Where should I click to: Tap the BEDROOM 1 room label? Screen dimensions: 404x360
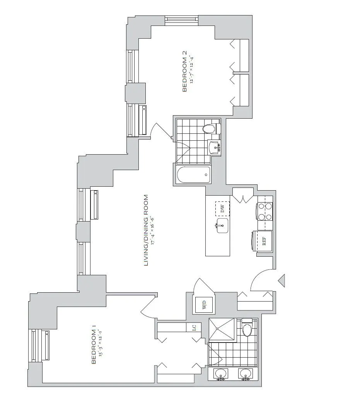click(93, 346)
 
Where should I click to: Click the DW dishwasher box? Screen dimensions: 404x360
click(222, 209)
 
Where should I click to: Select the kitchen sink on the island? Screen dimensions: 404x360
click(222, 225)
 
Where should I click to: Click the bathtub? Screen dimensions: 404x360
click(193, 175)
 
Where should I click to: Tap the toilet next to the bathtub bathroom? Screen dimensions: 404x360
click(210, 129)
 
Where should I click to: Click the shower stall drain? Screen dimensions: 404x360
click(221, 330)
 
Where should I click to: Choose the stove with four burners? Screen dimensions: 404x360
click(265, 211)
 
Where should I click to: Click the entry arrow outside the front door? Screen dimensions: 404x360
click(282, 280)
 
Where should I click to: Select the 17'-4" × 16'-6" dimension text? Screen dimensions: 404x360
click(154, 230)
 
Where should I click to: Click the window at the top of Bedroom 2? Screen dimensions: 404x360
click(181, 20)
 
